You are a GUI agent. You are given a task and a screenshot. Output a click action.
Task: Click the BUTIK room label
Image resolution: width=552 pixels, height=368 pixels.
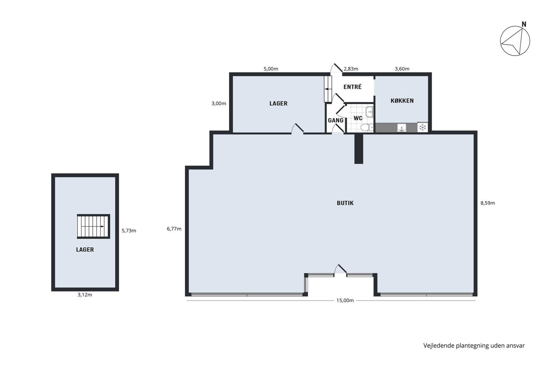345,203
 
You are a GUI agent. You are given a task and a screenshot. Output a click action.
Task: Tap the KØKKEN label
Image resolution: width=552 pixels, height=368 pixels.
402,101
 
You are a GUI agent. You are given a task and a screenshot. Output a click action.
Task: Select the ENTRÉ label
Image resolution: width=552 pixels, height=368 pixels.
352,87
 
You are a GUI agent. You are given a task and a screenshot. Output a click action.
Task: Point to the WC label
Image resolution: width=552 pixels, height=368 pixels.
358,118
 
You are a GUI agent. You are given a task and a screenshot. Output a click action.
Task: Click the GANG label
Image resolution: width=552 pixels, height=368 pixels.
336,120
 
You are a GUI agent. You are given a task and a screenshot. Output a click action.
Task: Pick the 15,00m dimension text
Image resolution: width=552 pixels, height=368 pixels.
345,301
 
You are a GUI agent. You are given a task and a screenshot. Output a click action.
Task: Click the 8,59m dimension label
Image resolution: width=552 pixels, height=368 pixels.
488,203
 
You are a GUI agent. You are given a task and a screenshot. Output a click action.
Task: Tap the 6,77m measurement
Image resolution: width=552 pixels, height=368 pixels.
174,229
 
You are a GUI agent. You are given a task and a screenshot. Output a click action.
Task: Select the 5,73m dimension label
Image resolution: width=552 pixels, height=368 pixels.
129,231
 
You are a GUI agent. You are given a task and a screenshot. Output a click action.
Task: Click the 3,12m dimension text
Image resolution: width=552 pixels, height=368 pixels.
85,295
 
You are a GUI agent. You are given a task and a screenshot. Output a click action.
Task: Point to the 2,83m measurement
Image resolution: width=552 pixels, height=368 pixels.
351,69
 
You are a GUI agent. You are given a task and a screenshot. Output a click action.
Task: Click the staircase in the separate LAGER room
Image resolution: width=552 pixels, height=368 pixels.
93,226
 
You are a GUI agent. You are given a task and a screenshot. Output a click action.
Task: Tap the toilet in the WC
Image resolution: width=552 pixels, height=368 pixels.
367,127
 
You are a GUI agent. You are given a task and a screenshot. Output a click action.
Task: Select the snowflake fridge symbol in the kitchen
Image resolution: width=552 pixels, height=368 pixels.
423,127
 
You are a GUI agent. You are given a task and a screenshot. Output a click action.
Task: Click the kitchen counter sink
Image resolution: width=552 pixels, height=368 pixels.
402,128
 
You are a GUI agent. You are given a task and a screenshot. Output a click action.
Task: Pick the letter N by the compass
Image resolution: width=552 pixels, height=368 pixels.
524,24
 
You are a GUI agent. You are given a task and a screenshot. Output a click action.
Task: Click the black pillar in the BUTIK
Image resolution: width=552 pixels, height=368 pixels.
358,149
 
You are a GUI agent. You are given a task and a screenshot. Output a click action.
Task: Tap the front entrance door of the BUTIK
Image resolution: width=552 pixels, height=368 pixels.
340,269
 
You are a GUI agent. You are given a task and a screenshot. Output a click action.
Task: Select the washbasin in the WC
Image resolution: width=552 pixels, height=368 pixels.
370,112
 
